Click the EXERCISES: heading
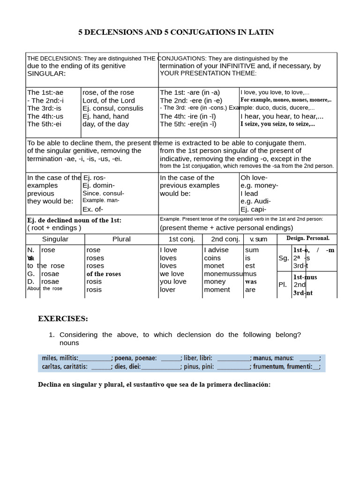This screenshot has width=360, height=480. tap(63, 319)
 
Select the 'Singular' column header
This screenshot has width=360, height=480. tap(55, 239)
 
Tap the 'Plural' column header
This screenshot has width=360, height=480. tap(121, 239)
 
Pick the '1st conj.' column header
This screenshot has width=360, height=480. tap(180, 239)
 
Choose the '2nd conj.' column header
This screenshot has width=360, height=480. tap(223, 239)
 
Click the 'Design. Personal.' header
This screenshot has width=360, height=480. tap(308, 238)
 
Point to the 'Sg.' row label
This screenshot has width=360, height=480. tap(284, 258)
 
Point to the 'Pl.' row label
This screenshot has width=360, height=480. tap(283, 285)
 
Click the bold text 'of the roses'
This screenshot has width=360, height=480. tap(104, 274)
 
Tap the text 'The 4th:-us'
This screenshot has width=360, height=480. tap(45, 116)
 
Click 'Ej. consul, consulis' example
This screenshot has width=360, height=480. tap(113, 108)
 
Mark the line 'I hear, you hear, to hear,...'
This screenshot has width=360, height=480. tap(282, 116)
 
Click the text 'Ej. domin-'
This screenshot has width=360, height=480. tap(98, 186)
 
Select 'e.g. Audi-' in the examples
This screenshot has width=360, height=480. tap(255, 202)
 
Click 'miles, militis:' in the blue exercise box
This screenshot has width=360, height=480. tap(60, 358)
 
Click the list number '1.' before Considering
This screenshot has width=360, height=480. tap(52, 335)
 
